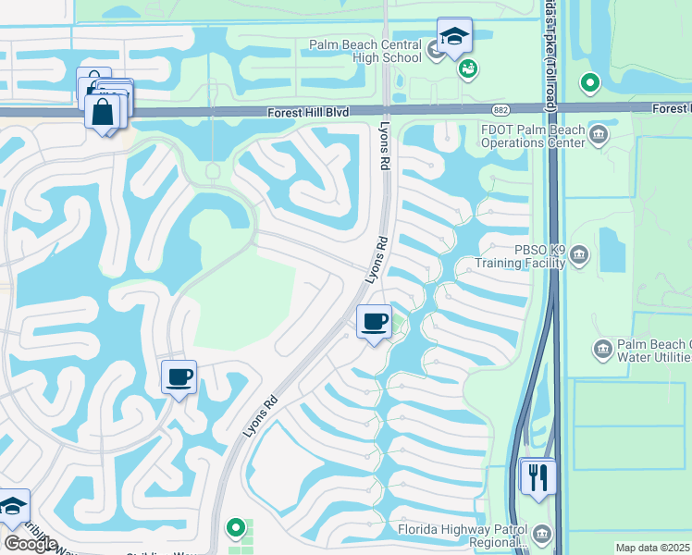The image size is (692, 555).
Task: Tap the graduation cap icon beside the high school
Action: point(454,36)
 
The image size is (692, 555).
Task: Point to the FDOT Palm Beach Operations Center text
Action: point(532,136)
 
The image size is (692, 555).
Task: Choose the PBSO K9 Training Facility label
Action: point(519,256)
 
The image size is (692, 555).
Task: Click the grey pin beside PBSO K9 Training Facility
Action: point(579,254)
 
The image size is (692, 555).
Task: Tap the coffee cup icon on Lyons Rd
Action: point(374,321)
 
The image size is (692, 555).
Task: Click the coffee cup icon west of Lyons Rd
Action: point(179,376)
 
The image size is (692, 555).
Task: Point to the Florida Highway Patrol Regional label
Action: point(461,536)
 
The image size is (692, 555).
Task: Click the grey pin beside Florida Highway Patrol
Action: point(541,534)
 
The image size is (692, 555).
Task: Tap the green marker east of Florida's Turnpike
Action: point(589,84)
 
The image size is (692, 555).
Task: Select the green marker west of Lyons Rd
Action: point(236,528)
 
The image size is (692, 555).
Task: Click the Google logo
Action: point(31,543)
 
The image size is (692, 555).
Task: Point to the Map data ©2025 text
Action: point(652,548)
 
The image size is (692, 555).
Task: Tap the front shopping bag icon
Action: point(103,112)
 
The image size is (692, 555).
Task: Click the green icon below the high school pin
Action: point(467,68)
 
